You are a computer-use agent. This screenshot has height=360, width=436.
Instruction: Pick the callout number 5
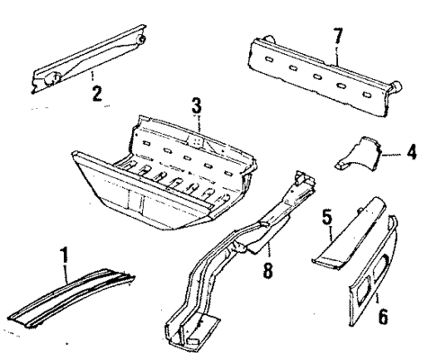328,217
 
